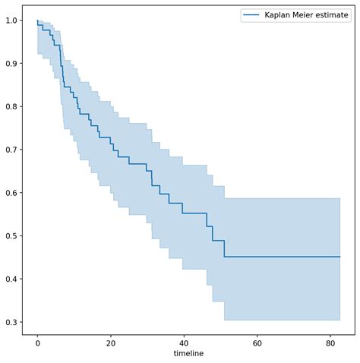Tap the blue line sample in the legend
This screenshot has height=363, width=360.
click(251, 14)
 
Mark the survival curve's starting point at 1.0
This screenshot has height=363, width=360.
click(37, 21)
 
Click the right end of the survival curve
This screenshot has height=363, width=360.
click(339, 257)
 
